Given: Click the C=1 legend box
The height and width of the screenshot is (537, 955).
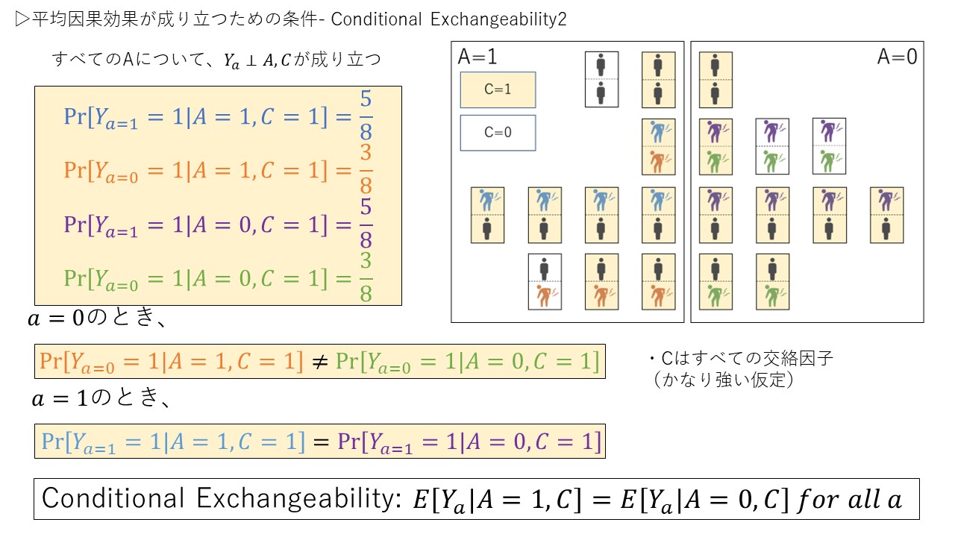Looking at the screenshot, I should point(498,89).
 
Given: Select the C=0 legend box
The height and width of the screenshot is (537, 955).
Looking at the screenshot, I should point(498,133).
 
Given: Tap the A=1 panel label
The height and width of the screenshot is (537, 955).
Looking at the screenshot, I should point(477,57).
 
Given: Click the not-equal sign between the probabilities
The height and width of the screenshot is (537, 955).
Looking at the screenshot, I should point(319,362).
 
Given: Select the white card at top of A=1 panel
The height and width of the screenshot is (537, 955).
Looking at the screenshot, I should point(601,79).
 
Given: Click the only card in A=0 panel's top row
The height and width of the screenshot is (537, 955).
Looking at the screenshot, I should point(716,79).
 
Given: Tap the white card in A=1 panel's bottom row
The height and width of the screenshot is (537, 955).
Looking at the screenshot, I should point(545,281).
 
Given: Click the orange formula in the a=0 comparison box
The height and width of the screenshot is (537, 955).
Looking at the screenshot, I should point(171,362).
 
